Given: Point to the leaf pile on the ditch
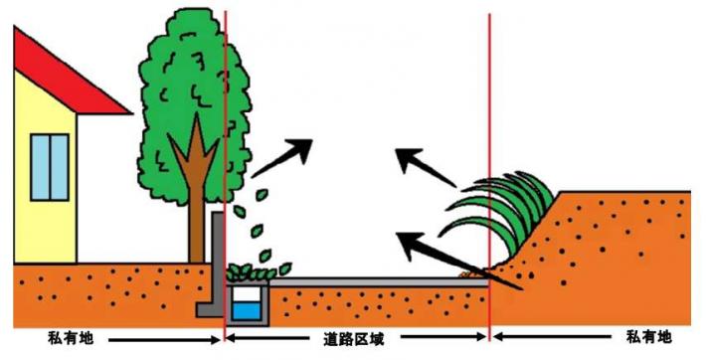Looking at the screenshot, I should [x=259, y=270].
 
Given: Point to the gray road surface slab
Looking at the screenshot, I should [x=378, y=282].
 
